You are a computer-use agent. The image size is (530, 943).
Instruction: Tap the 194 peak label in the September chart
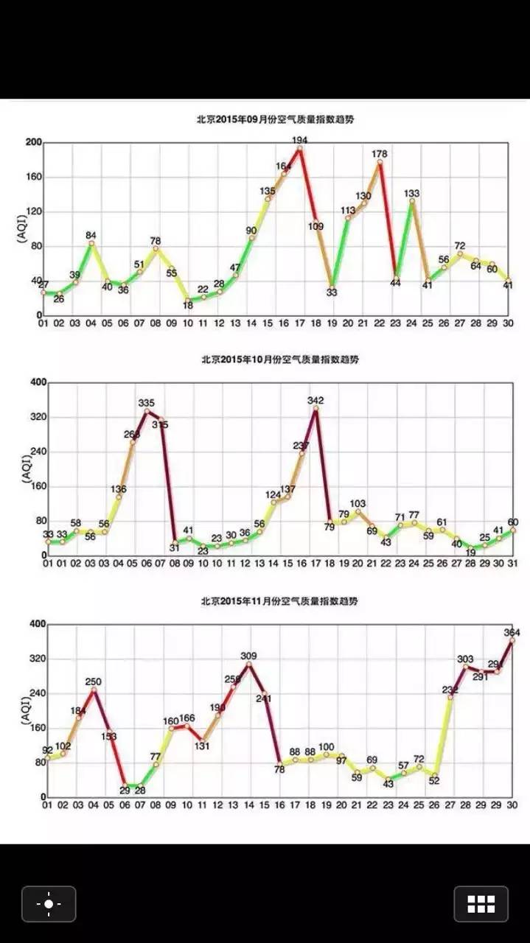(299, 139)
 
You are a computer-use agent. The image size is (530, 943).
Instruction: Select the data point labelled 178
(380, 162)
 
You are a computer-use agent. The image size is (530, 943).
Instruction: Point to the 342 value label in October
(316, 401)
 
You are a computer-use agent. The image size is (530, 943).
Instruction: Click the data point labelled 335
(147, 411)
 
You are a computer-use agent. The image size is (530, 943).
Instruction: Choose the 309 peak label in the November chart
(249, 656)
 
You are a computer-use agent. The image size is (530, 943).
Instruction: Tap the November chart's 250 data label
(93, 682)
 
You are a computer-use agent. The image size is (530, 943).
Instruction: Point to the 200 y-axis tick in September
(32, 142)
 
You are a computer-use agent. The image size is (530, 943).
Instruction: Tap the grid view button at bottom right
(481, 904)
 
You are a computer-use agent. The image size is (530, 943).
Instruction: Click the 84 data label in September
(91, 236)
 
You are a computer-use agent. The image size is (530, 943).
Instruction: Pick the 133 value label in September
(412, 193)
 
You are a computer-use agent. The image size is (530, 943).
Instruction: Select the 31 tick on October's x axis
(512, 563)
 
